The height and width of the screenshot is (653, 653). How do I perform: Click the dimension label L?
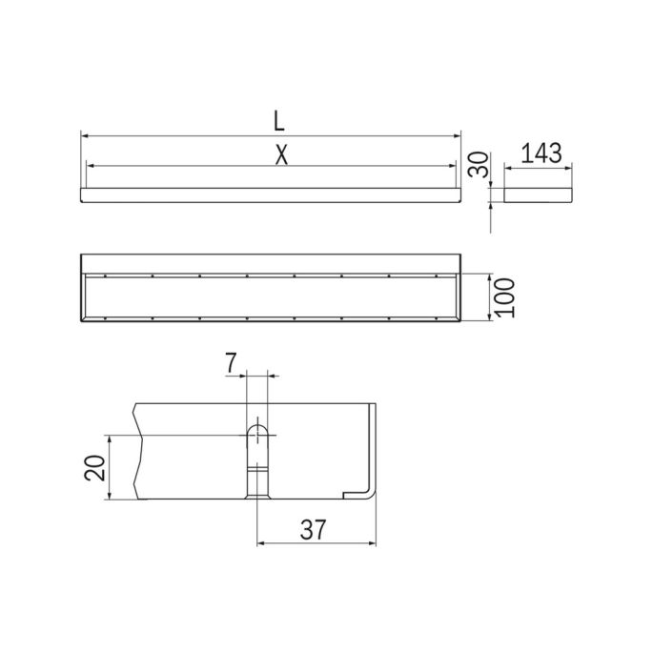point(277,121)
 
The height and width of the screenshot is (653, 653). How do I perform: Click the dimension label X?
point(280,154)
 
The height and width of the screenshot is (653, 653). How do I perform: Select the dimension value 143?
point(539,153)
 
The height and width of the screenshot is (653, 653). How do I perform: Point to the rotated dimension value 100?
point(505,298)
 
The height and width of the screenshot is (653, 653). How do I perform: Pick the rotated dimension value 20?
point(94,468)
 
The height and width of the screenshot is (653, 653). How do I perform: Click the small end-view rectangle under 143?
point(539,194)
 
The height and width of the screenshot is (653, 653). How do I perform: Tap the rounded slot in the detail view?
point(257,443)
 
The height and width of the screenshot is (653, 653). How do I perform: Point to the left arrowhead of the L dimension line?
point(84,134)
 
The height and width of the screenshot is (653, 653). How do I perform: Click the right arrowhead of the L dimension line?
point(458,134)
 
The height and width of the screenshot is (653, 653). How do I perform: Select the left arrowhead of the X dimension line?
point(90,166)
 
